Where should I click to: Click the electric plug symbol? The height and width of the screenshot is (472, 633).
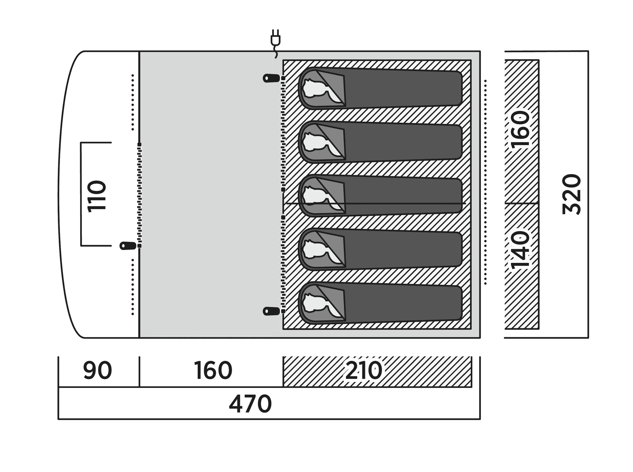[x=275, y=43]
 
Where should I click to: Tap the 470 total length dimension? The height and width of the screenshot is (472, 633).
[x=250, y=404]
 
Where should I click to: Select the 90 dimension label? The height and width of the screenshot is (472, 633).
[x=98, y=370]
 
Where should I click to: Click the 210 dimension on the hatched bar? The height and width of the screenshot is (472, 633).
[x=364, y=370]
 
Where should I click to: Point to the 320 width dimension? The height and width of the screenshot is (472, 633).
[x=571, y=194]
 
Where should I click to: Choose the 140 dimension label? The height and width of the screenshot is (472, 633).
[x=520, y=250]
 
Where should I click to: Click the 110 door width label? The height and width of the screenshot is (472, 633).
[x=97, y=196]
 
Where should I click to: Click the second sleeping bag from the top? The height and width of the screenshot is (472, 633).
[x=380, y=142]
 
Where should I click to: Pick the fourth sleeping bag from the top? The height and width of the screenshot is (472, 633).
[x=380, y=249]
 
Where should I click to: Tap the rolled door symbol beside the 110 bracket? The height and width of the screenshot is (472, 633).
[x=128, y=246]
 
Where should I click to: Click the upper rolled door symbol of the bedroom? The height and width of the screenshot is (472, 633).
[x=271, y=78]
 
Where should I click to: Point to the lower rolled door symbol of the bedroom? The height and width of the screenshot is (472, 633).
[x=271, y=311]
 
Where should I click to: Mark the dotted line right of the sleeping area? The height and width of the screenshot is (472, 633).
[x=485, y=182]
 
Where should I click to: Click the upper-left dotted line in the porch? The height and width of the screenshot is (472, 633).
[x=133, y=102]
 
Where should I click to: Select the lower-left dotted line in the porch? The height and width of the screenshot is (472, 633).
[x=133, y=287]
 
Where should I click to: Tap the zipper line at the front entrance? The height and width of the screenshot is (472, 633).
[x=139, y=195]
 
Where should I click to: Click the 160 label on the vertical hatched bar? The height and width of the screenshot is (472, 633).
[x=520, y=129]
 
